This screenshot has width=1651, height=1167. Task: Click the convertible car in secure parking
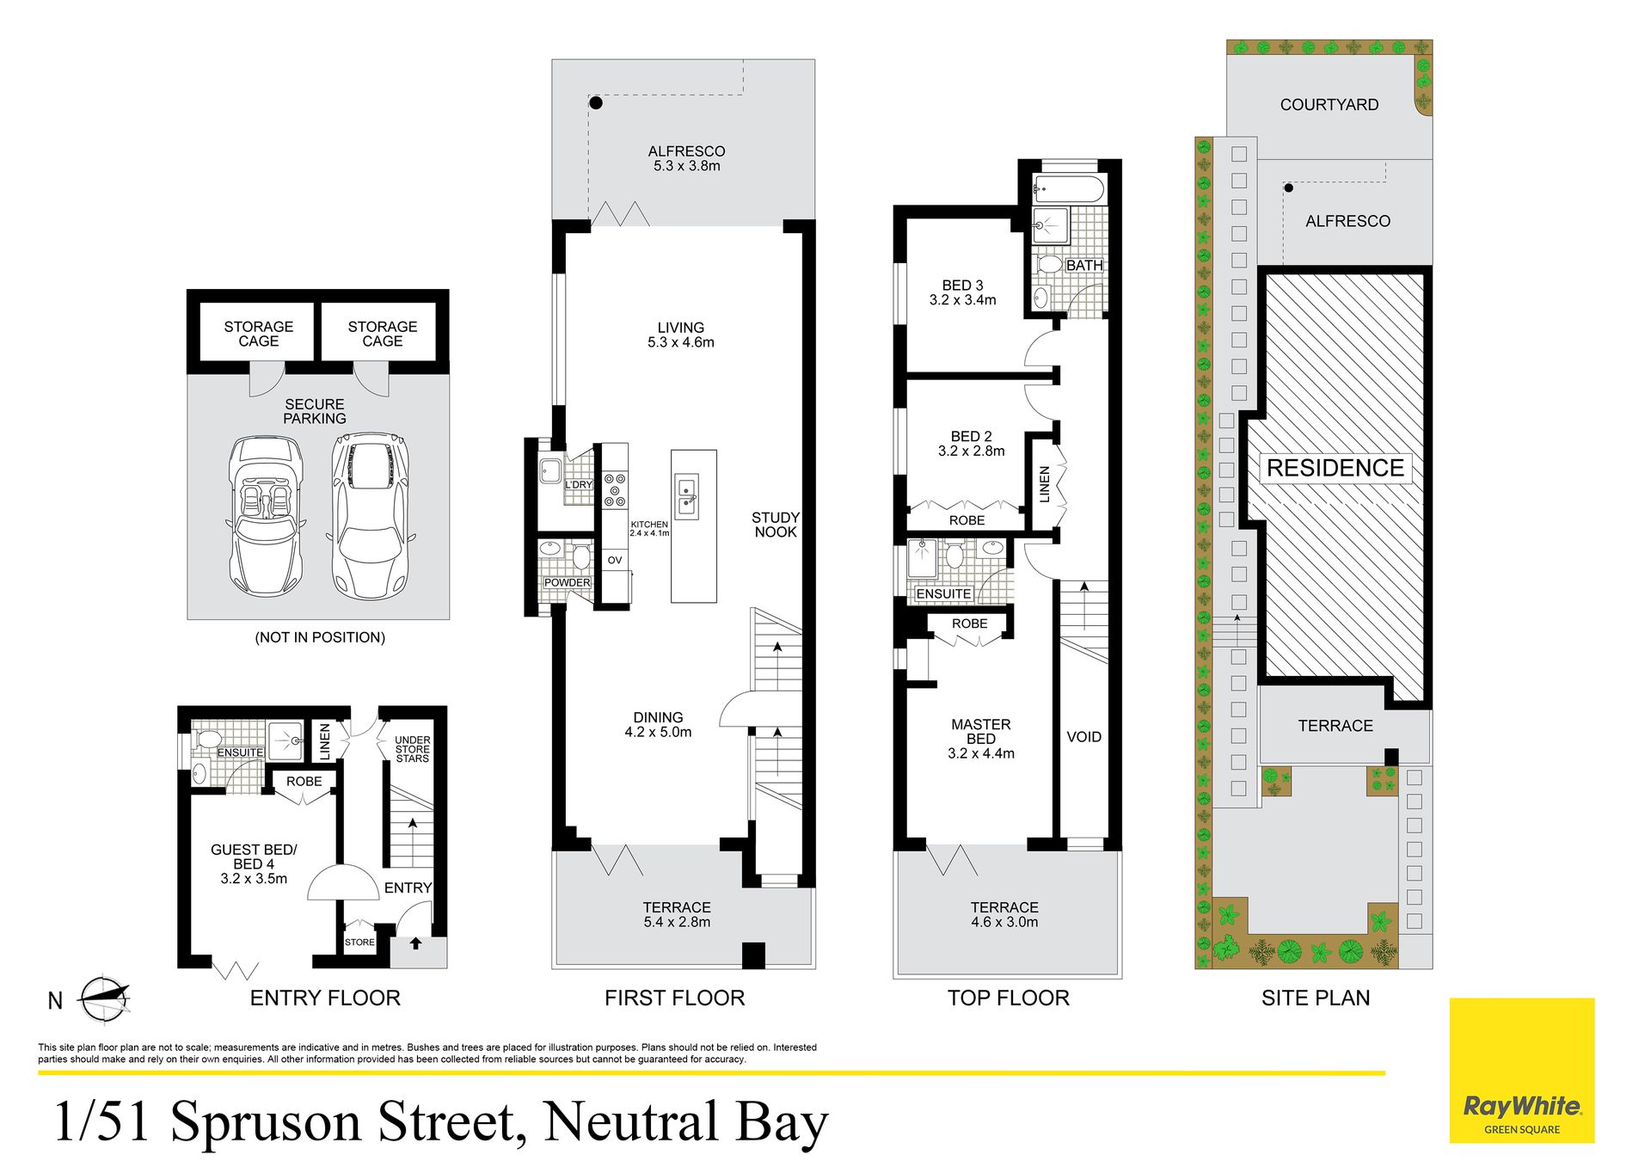tap(267, 516)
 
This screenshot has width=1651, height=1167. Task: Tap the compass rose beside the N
tap(104, 1000)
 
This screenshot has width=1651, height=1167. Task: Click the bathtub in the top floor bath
tap(1069, 188)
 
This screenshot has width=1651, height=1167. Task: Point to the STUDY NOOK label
tap(776, 525)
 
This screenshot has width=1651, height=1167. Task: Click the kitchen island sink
tap(687, 496)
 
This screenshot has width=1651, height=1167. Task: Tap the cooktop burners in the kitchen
tap(615, 489)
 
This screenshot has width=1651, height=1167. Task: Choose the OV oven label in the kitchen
tap(615, 560)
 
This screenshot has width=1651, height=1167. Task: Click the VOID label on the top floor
tap(1083, 737)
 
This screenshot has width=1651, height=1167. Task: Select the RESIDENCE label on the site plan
tap(1335, 468)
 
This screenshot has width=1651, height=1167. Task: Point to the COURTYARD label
tap(1329, 105)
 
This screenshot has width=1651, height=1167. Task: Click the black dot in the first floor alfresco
tap(596, 103)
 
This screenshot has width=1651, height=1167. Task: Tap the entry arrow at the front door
tap(415, 943)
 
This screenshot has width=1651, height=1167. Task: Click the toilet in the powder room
tap(582, 556)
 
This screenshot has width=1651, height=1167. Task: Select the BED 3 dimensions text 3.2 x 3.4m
tap(963, 300)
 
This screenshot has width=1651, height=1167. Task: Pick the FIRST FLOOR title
tap(675, 998)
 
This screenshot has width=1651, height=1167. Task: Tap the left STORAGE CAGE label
tap(259, 334)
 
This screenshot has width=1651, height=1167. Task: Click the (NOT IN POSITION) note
tap(320, 637)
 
